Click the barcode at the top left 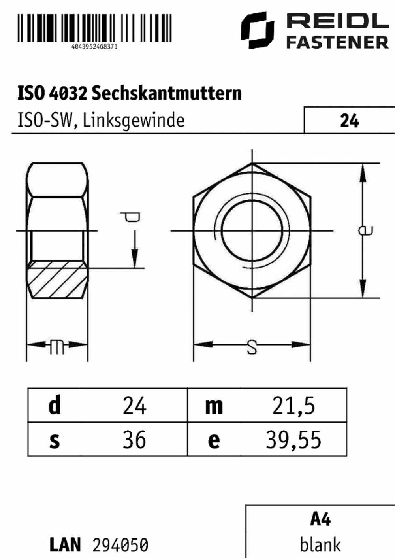(94, 28)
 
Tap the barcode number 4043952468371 (94, 47)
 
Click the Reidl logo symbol (258, 30)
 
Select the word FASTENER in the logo (338, 42)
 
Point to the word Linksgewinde (134, 121)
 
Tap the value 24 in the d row (134, 406)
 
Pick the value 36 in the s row (134, 440)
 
